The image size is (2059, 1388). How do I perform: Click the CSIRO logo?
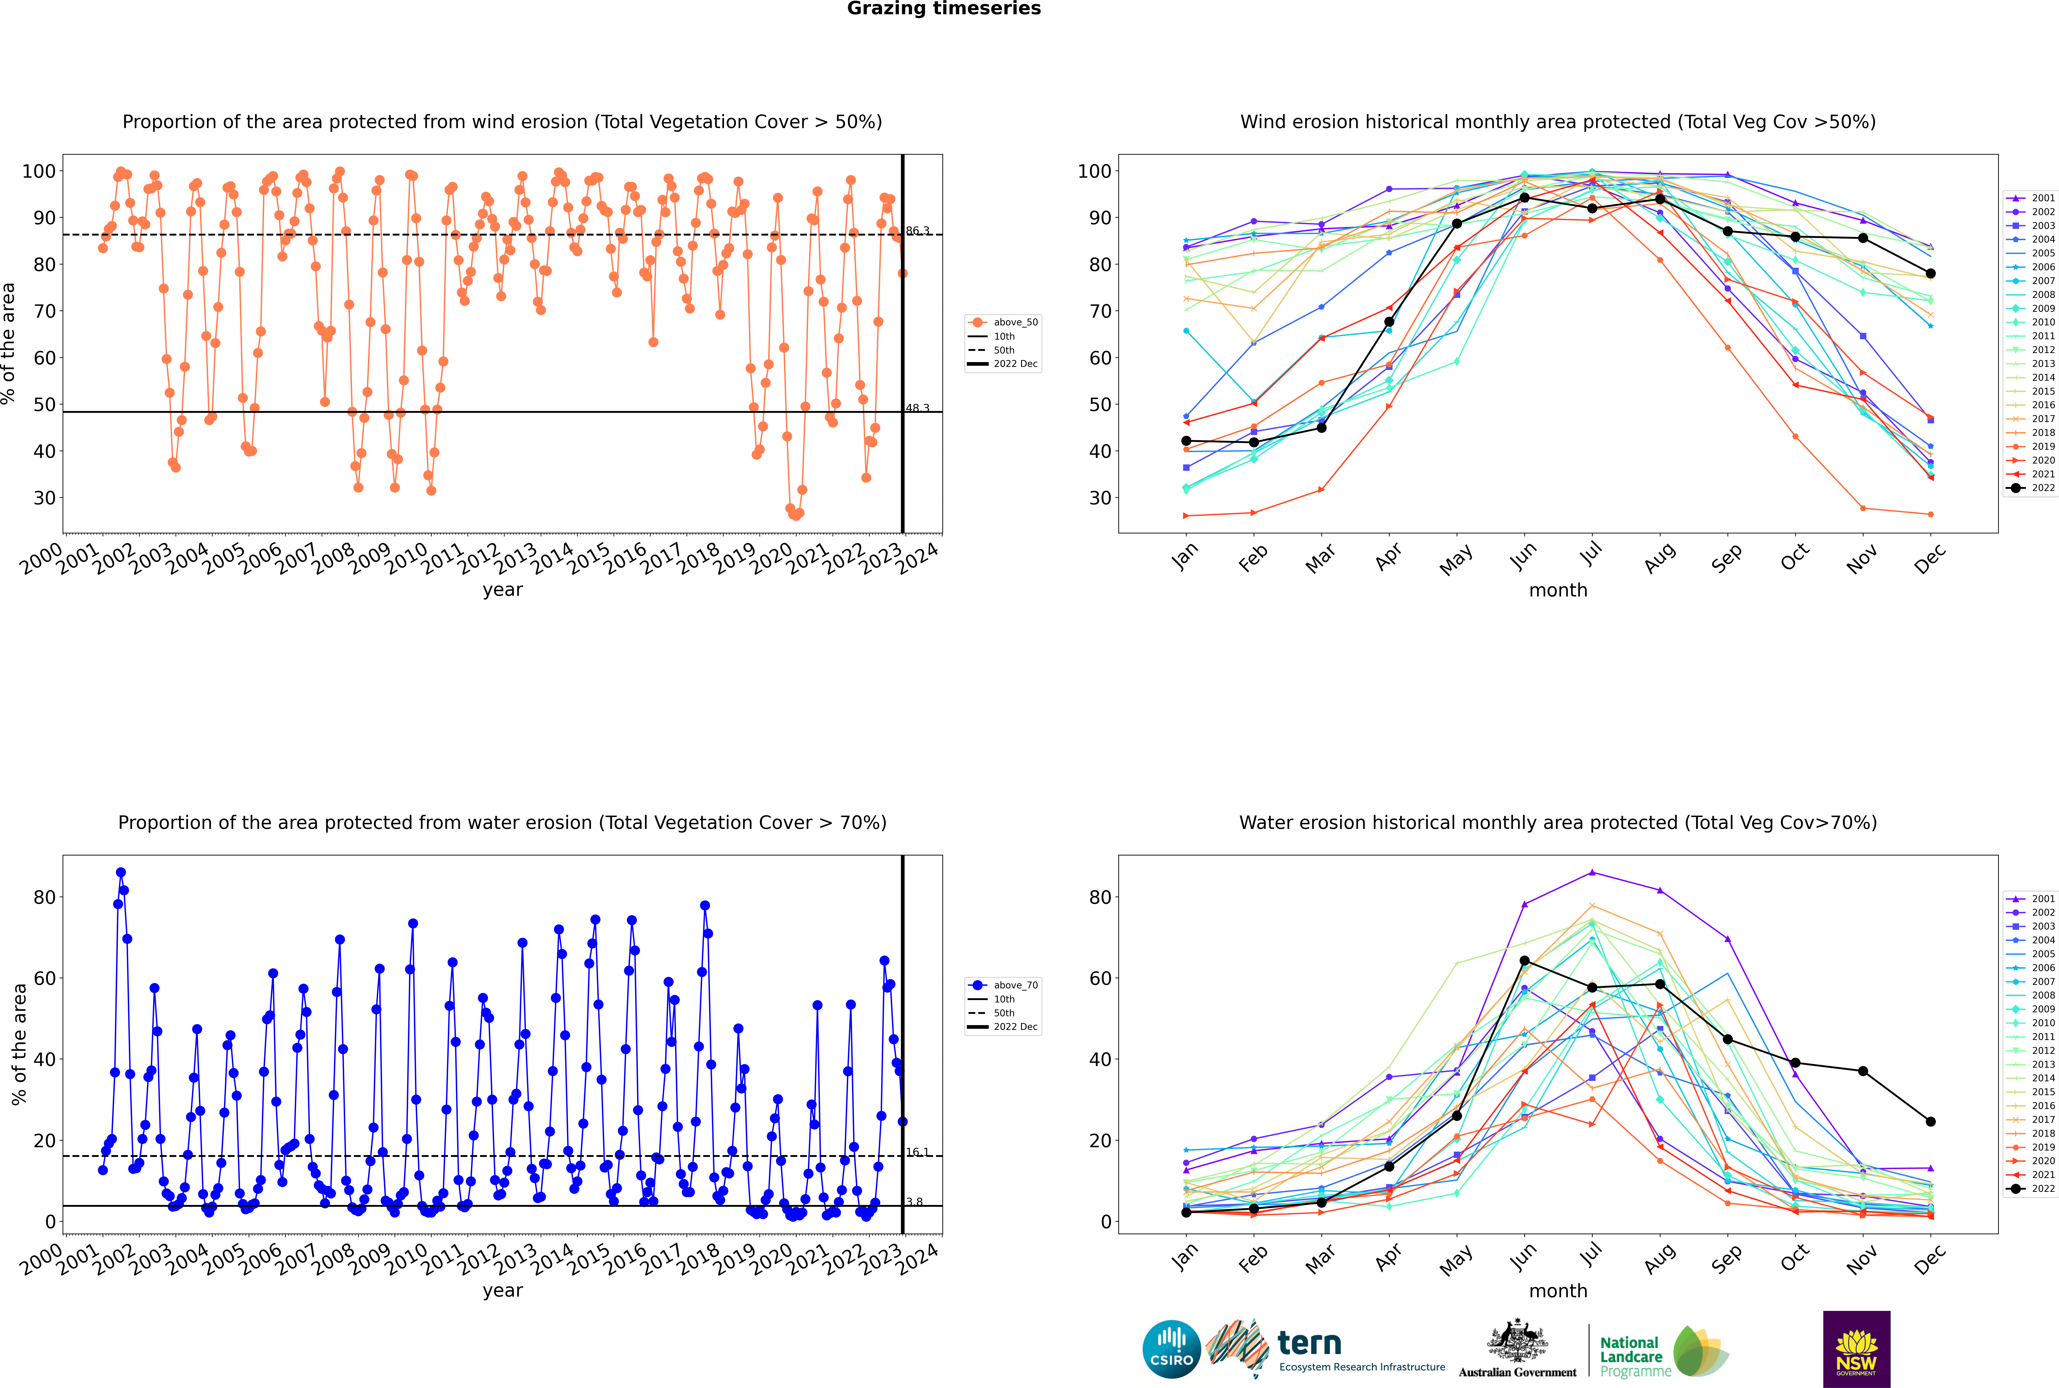pos(1171,1349)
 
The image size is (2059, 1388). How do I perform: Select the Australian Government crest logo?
pos(1517,1349)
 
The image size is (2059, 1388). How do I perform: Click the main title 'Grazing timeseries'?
pos(944,9)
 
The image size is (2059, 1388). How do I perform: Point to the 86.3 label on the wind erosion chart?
pos(917,231)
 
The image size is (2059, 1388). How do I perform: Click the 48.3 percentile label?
pos(917,408)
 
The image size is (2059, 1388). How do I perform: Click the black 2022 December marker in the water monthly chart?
pos(1931,1122)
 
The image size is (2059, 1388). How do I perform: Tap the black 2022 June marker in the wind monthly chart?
pos(1524,198)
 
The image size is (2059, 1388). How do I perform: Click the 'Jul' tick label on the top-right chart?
pos(1591,555)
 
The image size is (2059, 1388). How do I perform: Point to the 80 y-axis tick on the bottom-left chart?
pos(44,898)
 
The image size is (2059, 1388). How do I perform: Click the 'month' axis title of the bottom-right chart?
pos(1558,1292)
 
